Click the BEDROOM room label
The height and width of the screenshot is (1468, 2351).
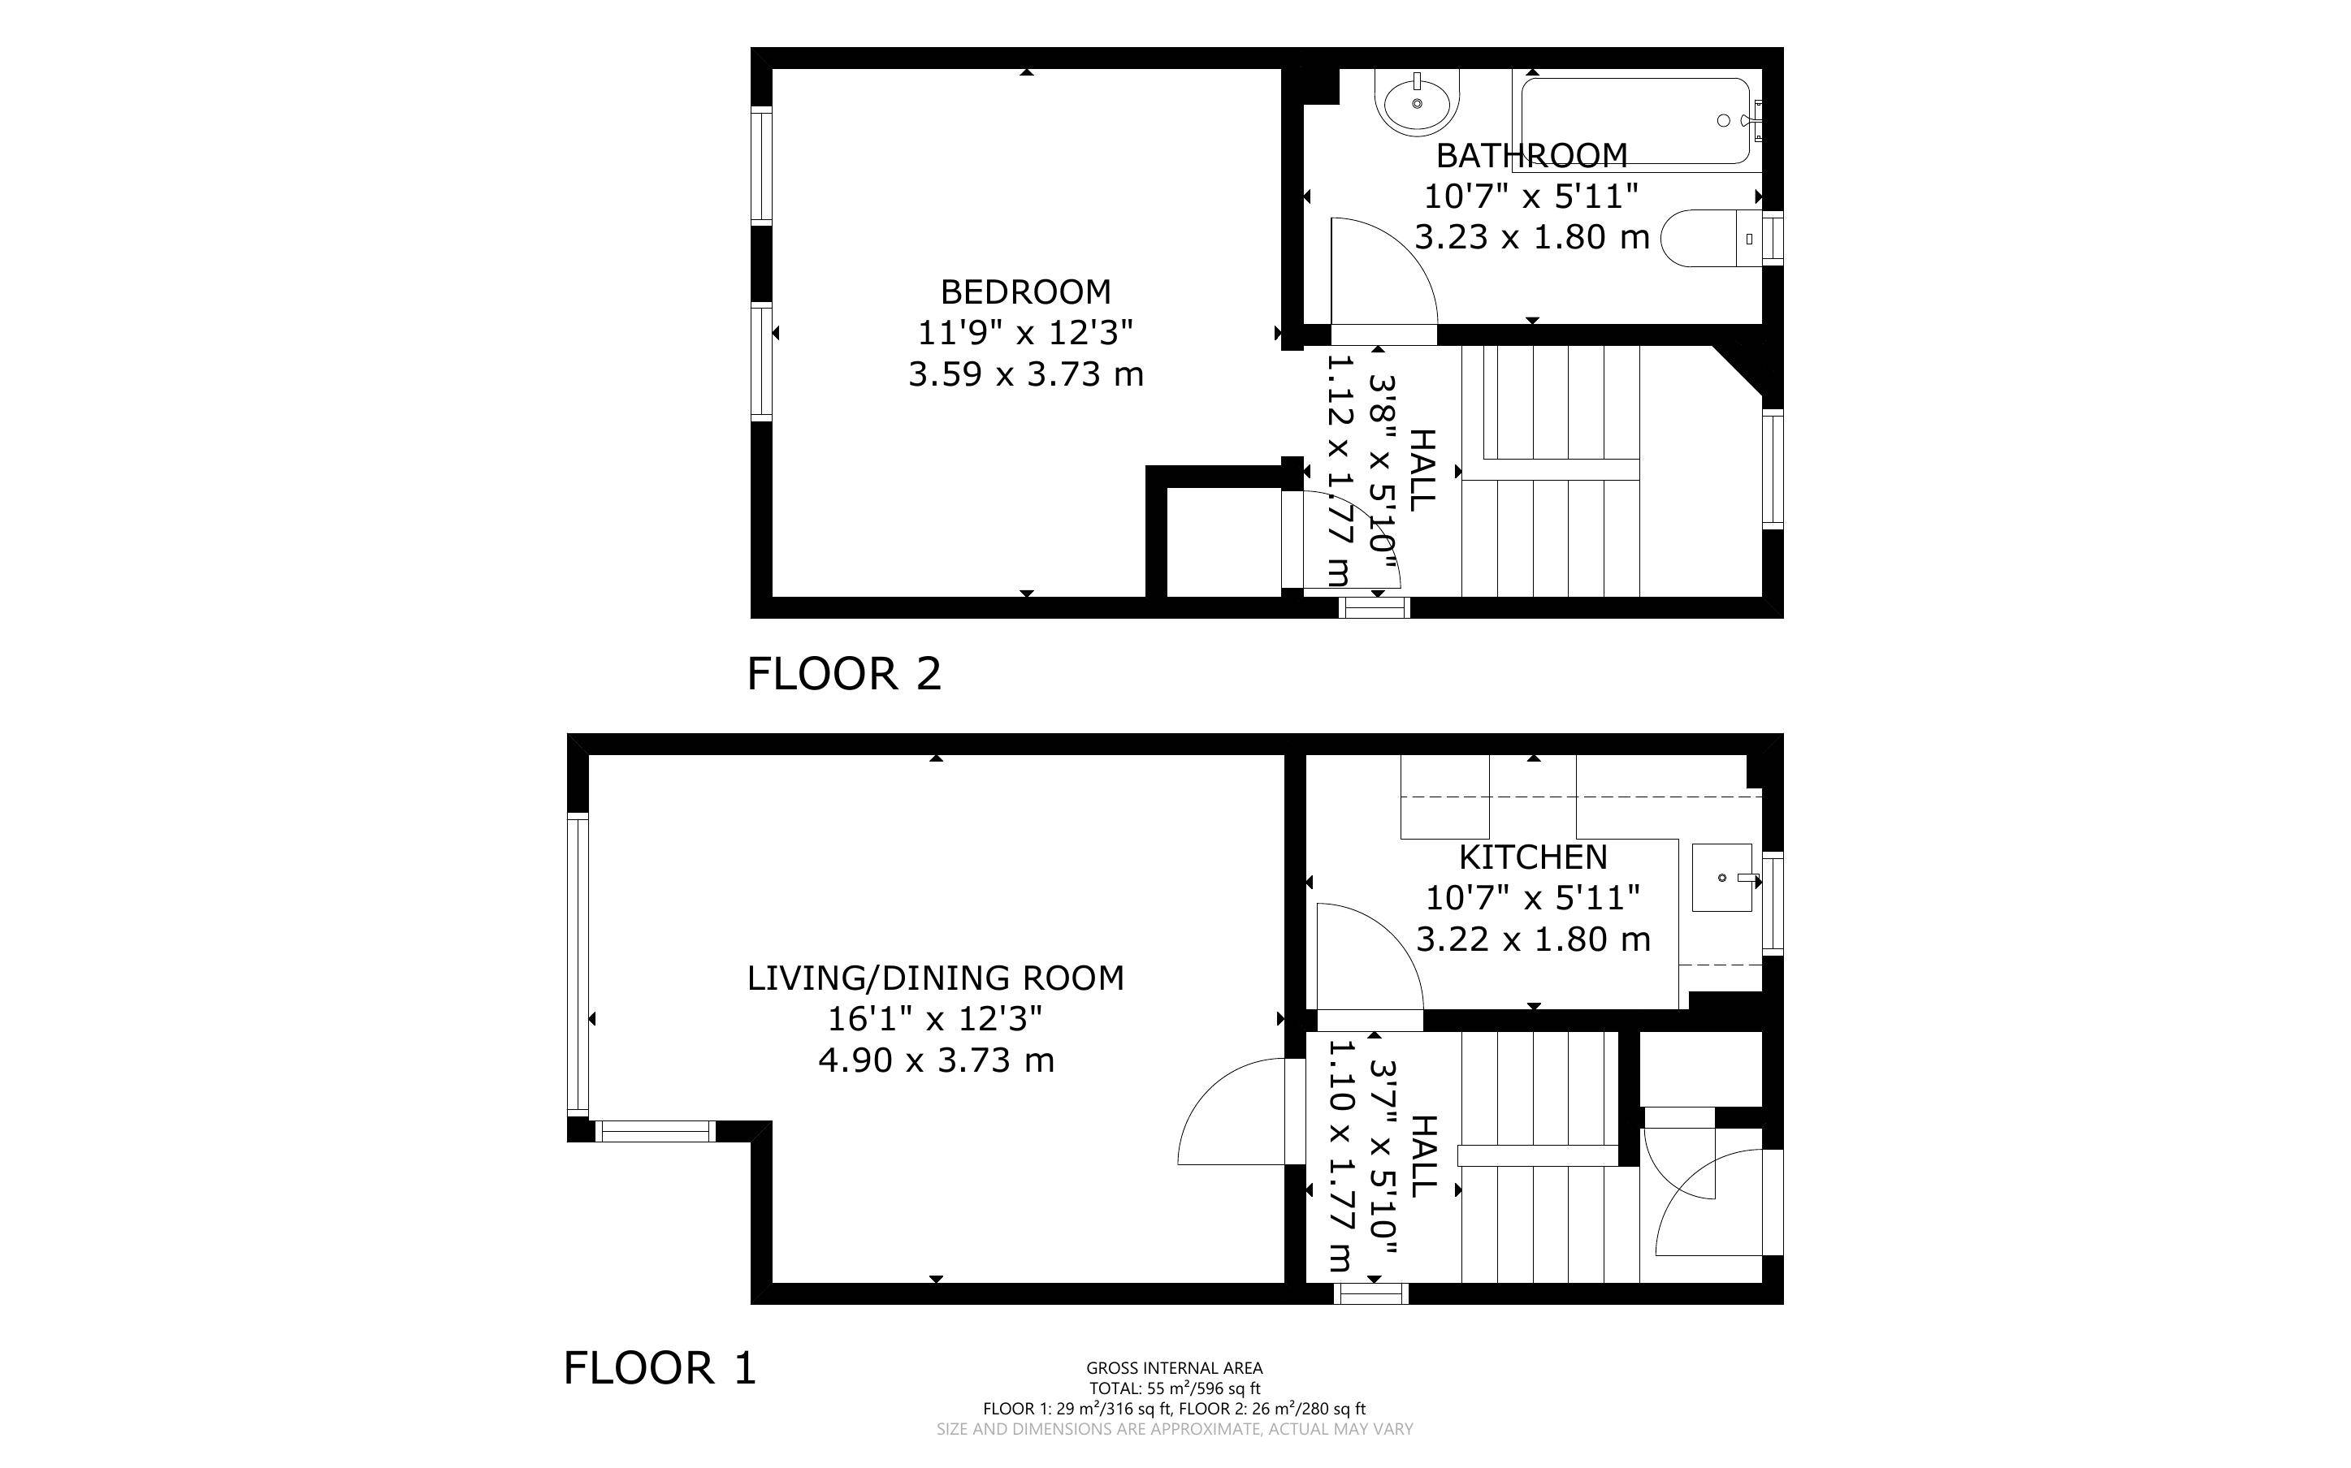click(1025, 292)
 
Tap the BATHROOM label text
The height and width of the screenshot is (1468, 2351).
click(1531, 155)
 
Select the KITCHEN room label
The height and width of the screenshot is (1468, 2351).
click(1533, 857)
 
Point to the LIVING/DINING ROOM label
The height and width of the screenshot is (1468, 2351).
click(935, 978)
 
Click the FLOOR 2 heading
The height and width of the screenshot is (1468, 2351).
click(844, 674)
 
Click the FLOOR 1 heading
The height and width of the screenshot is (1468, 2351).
click(660, 1368)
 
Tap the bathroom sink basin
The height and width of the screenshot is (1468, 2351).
click(1418, 103)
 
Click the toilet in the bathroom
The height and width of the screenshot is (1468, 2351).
click(1711, 238)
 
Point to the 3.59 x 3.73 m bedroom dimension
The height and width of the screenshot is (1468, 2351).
click(1025, 373)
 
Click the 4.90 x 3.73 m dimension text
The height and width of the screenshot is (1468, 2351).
click(935, 1060)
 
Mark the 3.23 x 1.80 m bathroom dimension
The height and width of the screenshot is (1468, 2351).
click(1531, 237)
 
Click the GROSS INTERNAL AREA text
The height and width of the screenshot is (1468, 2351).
click(1174, 1368)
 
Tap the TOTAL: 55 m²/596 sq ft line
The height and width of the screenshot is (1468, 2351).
click(1174, 1388)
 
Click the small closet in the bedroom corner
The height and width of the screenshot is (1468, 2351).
click(1223, 541)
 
